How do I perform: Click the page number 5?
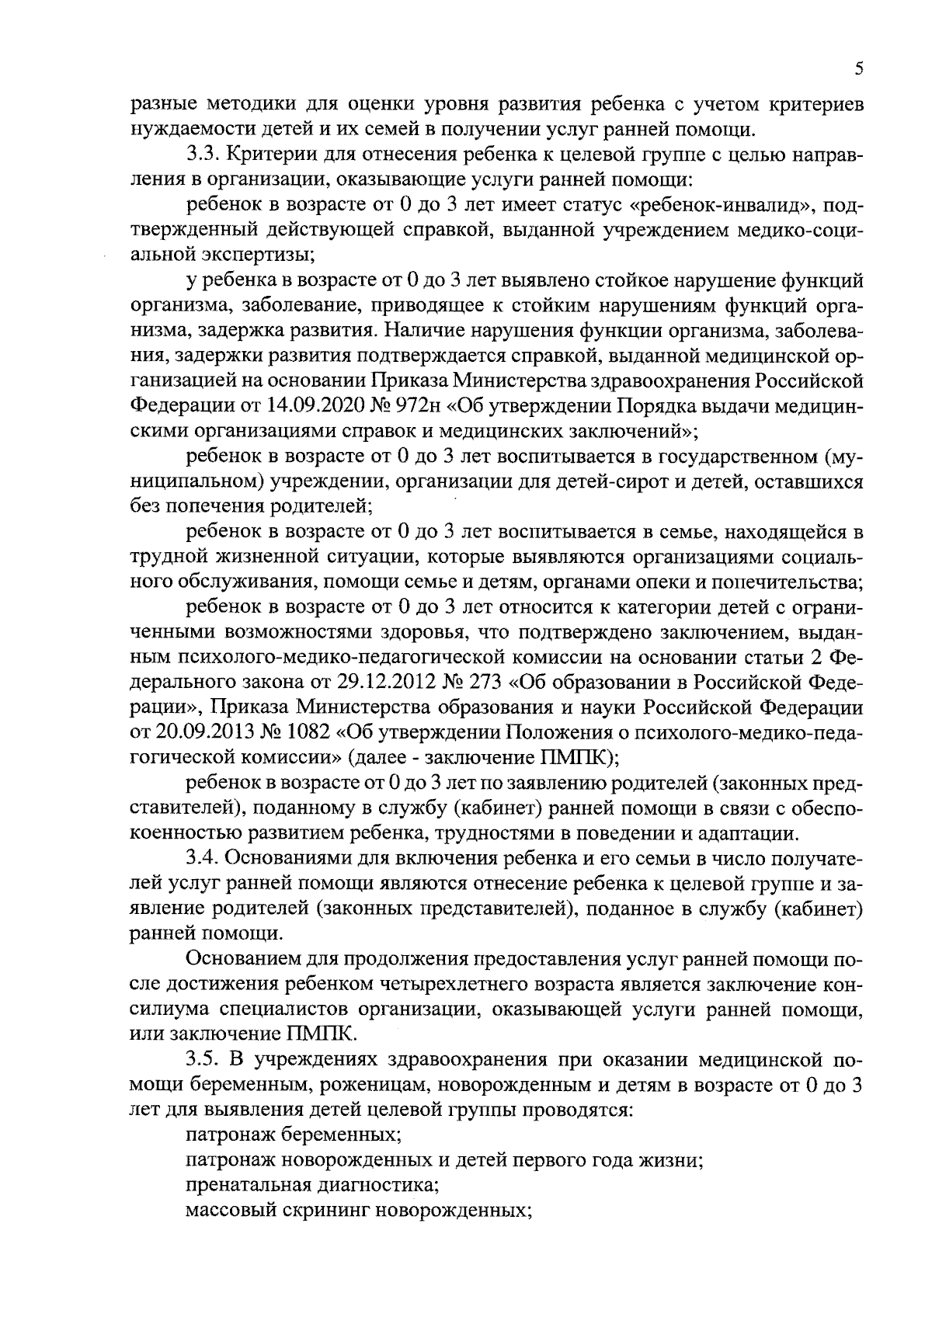pyautogui.click(x=858, y=69)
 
